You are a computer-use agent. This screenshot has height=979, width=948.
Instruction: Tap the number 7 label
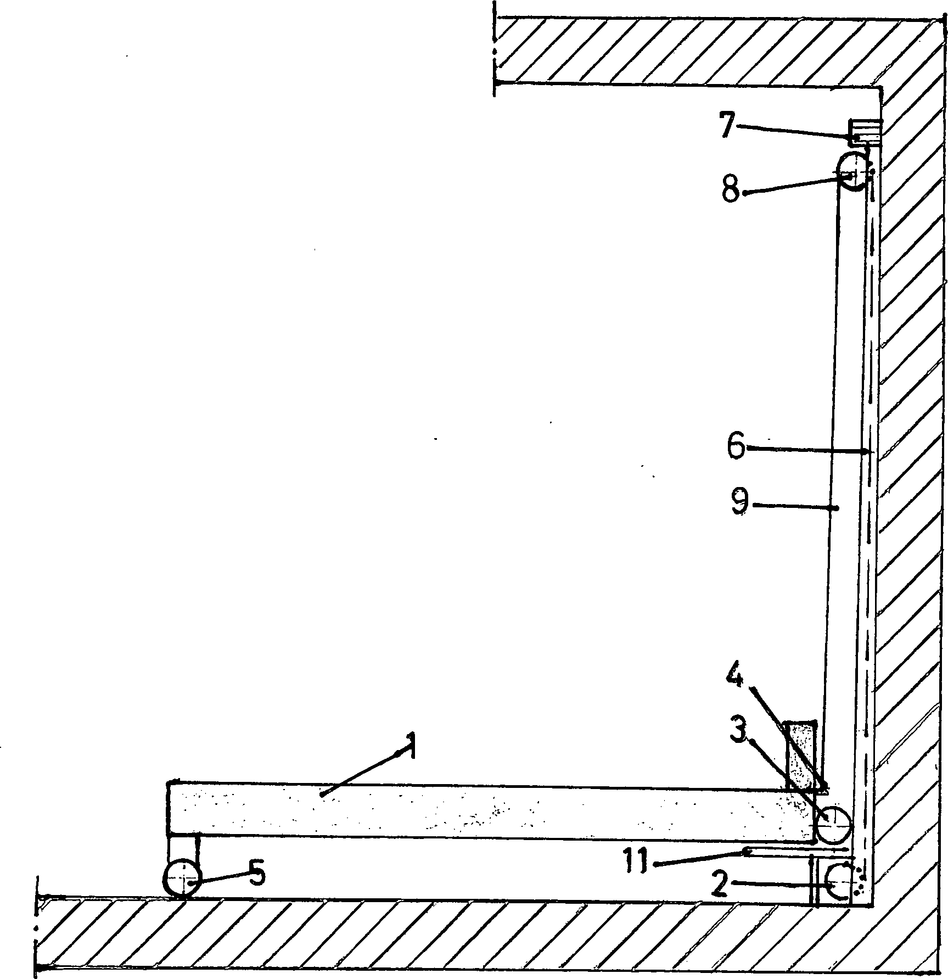tap(727, 126)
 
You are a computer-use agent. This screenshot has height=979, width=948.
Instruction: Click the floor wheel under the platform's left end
tap(181, 879)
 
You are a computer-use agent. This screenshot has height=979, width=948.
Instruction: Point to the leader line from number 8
tap(790, 184)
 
